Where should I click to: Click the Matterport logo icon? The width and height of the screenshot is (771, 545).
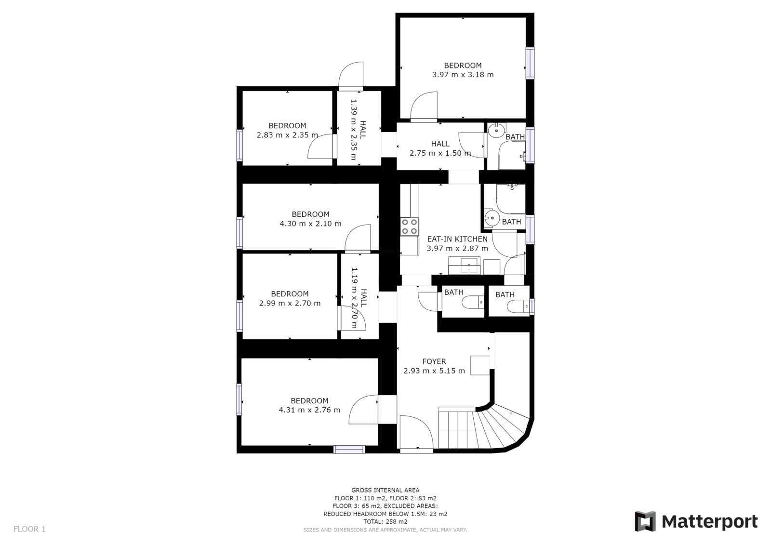(645, 521)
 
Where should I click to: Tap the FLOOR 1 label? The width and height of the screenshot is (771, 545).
(29, 529)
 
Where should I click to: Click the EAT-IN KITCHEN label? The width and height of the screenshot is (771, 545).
(457, 239)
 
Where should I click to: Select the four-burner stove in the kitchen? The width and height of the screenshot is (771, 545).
(410, 226)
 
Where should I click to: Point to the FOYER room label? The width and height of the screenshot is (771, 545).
(434, 361)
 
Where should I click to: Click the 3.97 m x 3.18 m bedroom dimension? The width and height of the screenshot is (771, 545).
(463, 75)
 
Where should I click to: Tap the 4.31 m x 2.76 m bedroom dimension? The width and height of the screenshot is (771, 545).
(309, 410)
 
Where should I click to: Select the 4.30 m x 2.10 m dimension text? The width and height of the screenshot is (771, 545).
(310, 224)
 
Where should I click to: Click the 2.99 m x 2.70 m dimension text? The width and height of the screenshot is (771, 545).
(290, 303)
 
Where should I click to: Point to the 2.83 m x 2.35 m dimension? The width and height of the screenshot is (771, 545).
(287, 135)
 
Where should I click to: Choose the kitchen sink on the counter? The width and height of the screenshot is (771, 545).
(468, 266)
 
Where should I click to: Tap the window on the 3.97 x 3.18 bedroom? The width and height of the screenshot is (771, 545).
(530, 63)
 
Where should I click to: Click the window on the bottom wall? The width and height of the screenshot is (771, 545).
(349, 449)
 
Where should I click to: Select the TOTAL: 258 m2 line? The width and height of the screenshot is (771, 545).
(385, 521)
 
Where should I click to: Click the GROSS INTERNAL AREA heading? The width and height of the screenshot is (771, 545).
(385, 490)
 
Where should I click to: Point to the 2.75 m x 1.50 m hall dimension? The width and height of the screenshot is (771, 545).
(440, 153)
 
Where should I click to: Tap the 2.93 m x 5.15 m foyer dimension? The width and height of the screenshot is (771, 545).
(434, 371)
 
